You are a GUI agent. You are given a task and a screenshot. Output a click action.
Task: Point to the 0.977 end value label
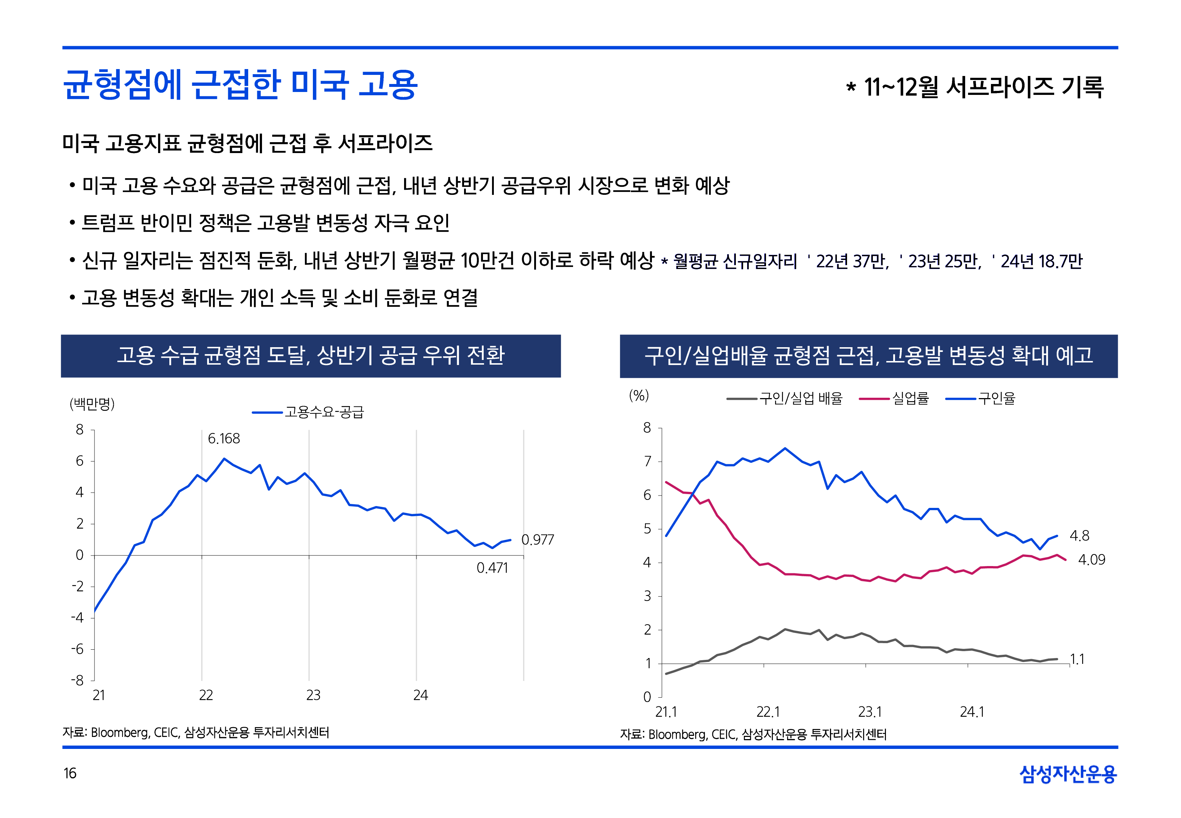pyautogui.click(x=537, y=540)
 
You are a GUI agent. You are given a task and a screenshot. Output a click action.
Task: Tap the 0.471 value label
pyautogui.click(x=492, y=568)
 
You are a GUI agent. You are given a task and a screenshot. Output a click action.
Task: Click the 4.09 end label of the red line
pyautogui.click(x=1091, y=560)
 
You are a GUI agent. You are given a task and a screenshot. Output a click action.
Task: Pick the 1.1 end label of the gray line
pyautogui.click(x=1077, y=659)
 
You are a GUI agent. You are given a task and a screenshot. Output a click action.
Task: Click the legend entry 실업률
pyautogui.click(x=910, y=398)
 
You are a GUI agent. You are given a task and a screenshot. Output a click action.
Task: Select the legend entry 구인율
pyautogui.click(x=996, y=398)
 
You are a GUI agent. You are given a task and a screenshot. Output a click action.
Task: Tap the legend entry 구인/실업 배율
pyautogui.click(x=801, y=398)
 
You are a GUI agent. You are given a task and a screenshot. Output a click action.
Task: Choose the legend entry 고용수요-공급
pyautogui.click(x=324, y=412)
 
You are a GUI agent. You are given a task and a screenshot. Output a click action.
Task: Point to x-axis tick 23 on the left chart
pyautogui.click(x=313, y=695)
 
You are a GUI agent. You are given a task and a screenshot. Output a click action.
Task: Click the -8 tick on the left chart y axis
pyautogui.click(x=77, y=681)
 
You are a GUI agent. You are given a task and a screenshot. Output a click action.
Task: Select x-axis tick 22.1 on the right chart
pyautogui.click(x=768, y=712)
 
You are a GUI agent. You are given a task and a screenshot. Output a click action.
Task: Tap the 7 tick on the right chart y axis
pyautogui.click(x=647, y=462)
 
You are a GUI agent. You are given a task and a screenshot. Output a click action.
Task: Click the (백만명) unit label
pyautogui.click(x=92, y=404)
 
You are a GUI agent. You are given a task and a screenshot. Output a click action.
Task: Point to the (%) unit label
pyautogui.click(x=638, y=396)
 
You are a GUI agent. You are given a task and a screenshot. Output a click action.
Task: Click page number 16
pyautogui.click(x=70, y=773)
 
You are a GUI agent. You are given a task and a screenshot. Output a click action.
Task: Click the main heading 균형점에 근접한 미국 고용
pyautogui.click(x=240, y=85)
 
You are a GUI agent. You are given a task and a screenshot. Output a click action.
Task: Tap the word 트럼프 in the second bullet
pyautogui.click(x=108, y=223)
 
